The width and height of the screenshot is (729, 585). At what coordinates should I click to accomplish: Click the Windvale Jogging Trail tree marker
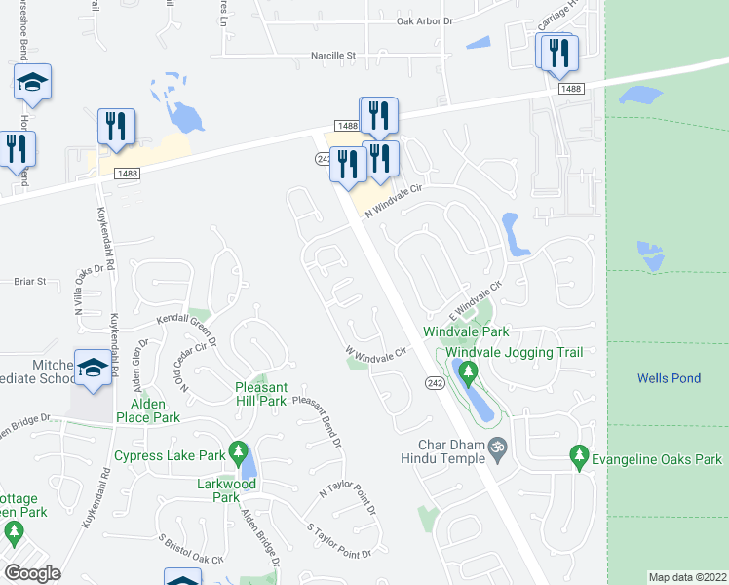(x=469, y=371)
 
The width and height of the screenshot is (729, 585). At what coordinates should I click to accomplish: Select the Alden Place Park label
(x=148, y=410)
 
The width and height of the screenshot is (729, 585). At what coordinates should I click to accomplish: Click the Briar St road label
(x=30, y=281)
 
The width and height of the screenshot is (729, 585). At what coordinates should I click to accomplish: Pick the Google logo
(x=32, y=573)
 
